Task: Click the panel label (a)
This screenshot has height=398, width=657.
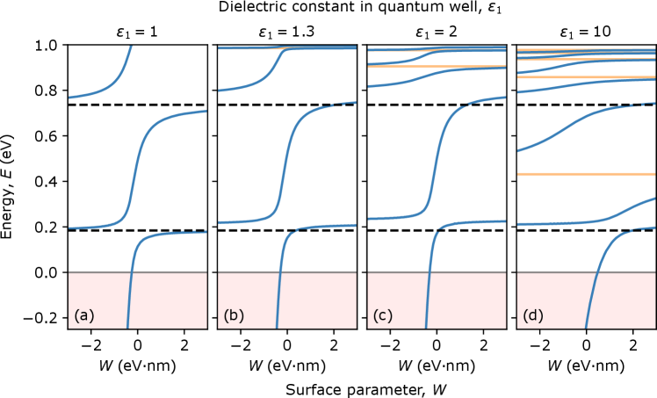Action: coord(84,315)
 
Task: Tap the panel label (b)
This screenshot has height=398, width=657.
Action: coord(234,315)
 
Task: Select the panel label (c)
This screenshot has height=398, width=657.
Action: coord(383,315)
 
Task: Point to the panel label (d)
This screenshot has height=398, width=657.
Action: coord(533,315)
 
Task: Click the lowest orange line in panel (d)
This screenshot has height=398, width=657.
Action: coord(586,174)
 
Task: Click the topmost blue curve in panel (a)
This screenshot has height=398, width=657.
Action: coord(105,89)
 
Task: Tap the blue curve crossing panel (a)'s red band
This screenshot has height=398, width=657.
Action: coord(129,299)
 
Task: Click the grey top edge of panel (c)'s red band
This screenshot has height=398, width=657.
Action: coord(466,272)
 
